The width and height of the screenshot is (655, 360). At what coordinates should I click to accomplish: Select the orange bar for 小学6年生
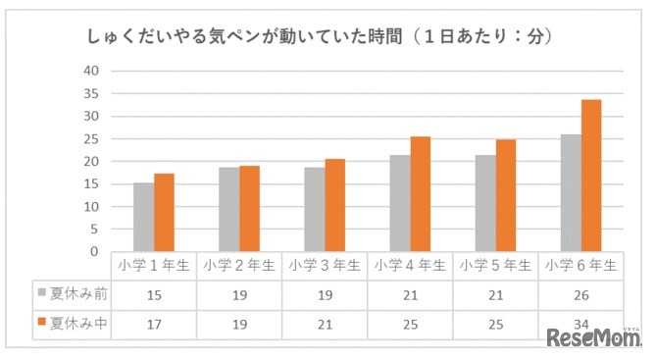pyautogui.click(x=591, y=176)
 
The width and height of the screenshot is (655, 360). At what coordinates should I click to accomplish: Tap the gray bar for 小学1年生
pyautogui.click(x=143, y=217)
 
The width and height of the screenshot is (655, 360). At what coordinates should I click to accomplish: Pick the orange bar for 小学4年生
pyautogui.click(x=420, y=194)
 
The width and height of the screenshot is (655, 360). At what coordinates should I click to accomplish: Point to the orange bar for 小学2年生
pyautogui.click(x=249, y=209)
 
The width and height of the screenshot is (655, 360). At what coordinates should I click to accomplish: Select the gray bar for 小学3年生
pyautogui.click(x=314, y=209)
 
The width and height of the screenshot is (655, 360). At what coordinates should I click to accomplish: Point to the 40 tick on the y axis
pyautogui.click(x=90, y=71)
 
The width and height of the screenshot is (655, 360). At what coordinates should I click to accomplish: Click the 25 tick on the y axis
pyautogui.click(x=90, y=138)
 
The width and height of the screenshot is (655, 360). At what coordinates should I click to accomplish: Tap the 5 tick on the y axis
pyautogui.click(x=94, y=229)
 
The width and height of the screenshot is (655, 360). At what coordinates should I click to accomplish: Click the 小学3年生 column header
pyautogui.click(x=325, y=265)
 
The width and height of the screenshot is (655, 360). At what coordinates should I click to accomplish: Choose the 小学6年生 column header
pyautogui.click(x=580, y=265)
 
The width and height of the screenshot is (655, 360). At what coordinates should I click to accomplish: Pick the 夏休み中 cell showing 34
pyautogui.click(x=580, y=321)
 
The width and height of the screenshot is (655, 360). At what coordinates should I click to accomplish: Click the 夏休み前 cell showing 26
pyautogui.click(x=580, y=292)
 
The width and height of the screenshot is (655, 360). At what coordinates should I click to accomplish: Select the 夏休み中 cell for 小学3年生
pyautogui.click(x=325, y=321)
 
